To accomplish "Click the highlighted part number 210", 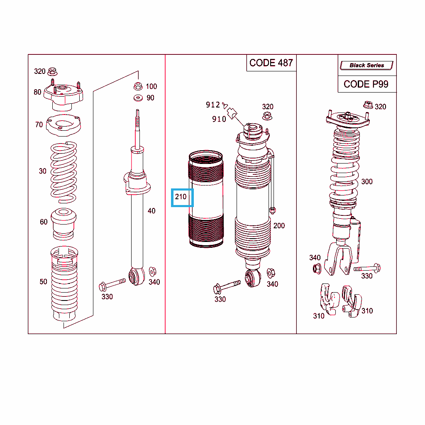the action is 181,197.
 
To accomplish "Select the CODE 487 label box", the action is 271,63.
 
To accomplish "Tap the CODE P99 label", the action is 366,84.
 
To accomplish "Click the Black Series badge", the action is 367,65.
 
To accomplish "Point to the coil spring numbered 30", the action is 64,172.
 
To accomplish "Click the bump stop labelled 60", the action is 64,224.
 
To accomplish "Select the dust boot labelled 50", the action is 64,283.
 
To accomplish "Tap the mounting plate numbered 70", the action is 64,125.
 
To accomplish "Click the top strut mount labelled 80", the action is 64,95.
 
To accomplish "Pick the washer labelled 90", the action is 138,98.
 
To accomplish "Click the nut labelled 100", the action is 138,86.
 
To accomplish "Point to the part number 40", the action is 151,211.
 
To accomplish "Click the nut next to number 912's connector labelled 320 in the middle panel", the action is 268,116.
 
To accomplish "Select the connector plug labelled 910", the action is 232,113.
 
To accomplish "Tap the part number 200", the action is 279,226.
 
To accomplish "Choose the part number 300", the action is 367,182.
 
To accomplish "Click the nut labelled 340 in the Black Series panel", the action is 317,269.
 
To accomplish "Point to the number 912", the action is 213,105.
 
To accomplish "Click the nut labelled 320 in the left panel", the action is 52,71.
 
